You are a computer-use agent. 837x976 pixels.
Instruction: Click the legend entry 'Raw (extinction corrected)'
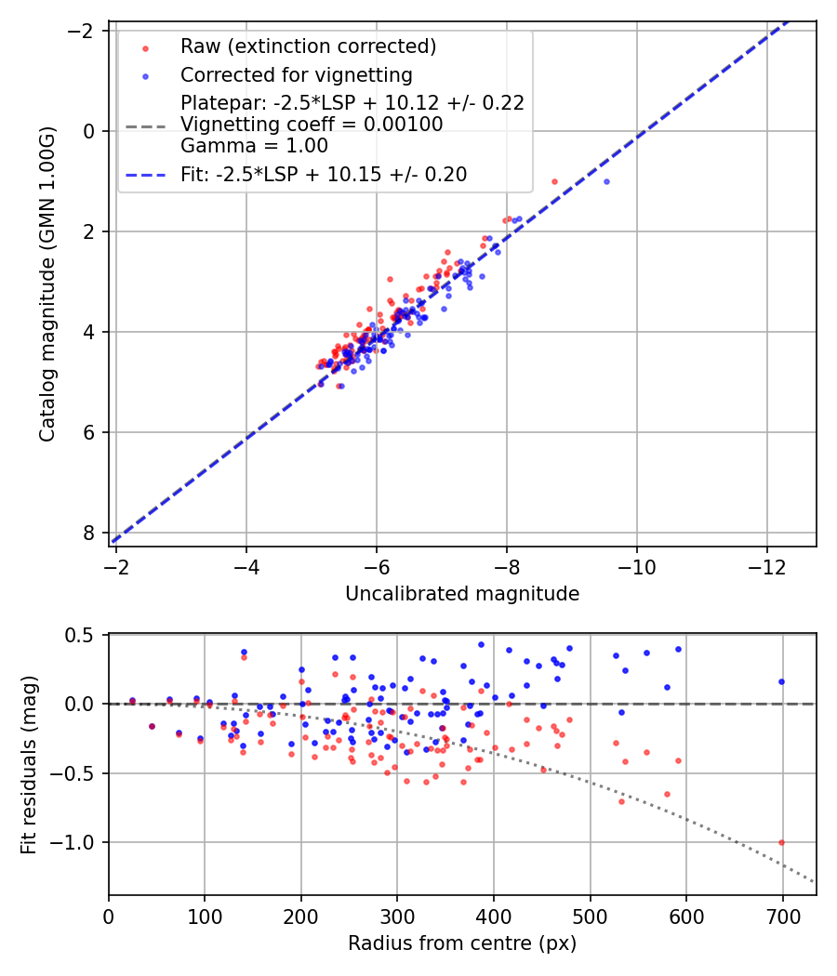coord(308,46)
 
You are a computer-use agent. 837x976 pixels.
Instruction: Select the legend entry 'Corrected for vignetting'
coord(296,74)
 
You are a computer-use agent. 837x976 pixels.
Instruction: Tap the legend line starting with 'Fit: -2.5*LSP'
coord(324,174)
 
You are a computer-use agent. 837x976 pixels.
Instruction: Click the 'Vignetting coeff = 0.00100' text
coord(312,124)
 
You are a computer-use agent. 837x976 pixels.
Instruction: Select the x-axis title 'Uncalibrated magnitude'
coord(462,594)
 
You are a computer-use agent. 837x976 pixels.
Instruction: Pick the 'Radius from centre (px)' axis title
coord(462,943)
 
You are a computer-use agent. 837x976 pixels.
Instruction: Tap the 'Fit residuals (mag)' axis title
coord(29,764)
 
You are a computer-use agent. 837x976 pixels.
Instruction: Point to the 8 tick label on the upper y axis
coord(89,533)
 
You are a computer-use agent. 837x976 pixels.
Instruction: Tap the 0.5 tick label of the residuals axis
coord(84,635)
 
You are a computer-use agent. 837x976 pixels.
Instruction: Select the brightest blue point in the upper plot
coord(606,181)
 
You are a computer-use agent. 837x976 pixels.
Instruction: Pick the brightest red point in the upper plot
coord(554,181)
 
